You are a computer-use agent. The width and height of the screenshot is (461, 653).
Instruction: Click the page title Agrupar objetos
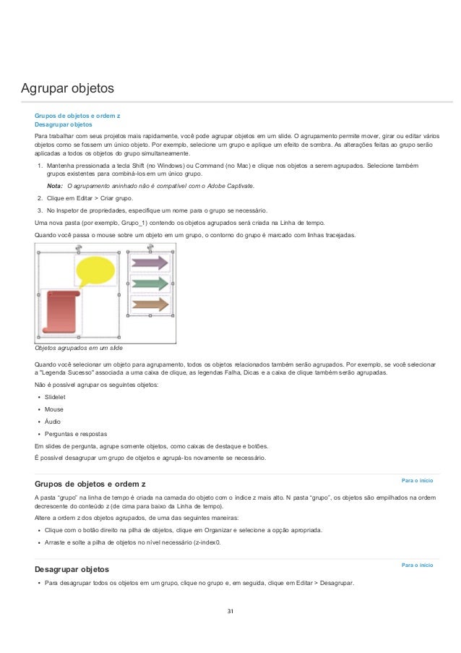[67, 89]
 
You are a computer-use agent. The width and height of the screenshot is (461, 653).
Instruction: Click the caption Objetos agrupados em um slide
[79, 349]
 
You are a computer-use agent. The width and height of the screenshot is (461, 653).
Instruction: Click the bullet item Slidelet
[55, 397]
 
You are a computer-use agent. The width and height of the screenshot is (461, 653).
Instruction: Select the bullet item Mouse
[54, 409]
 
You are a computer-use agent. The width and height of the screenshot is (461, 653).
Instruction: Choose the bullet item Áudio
[53, 421]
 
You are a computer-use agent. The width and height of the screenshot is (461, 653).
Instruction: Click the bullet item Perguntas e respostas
[76, 433]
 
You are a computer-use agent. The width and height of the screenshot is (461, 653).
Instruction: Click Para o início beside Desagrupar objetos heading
[417, 565]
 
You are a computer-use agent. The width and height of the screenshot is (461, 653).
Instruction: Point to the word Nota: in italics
[54, 186]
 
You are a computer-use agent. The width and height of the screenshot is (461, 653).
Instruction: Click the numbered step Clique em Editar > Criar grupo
[90, 197]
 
